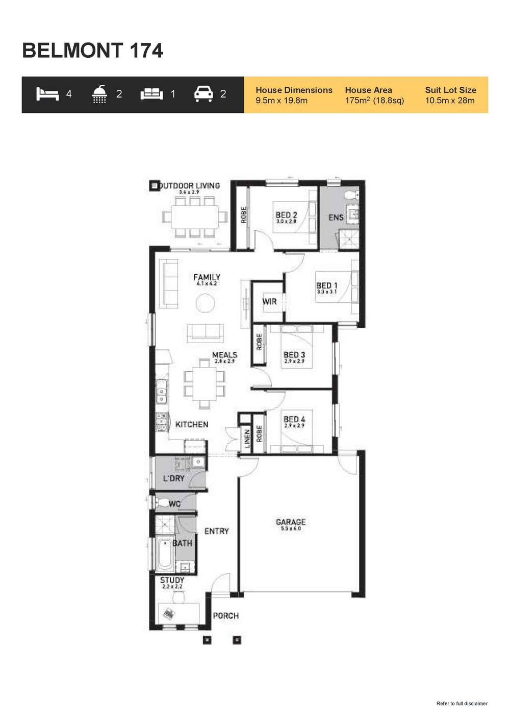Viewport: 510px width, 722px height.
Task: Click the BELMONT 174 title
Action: (92, 51)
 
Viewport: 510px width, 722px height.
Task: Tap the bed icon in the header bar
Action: (47, 94)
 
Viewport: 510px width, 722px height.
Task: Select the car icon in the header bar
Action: (203, 94)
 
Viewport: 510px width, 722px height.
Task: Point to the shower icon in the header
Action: (99, 94)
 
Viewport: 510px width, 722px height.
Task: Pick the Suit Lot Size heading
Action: (450, 90)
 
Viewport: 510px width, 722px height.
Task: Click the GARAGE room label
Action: (291, 522)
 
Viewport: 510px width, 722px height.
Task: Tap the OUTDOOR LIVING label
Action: (189, 186)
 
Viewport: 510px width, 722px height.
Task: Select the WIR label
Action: (269, 302)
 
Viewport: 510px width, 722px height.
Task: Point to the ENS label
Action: (336, 218)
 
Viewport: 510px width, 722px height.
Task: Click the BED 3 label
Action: (294, 355)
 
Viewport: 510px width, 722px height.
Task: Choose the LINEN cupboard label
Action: (247, 439)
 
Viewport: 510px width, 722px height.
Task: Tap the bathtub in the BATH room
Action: (165, 554)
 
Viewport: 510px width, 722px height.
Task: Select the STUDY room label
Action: (172, 580)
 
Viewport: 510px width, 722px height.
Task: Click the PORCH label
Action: (225, 616)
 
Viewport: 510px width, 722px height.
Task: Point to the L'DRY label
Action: (173, 478)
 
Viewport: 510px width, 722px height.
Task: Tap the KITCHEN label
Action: (192, 424)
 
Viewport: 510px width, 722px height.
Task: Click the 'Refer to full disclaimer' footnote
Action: (462, 704)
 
